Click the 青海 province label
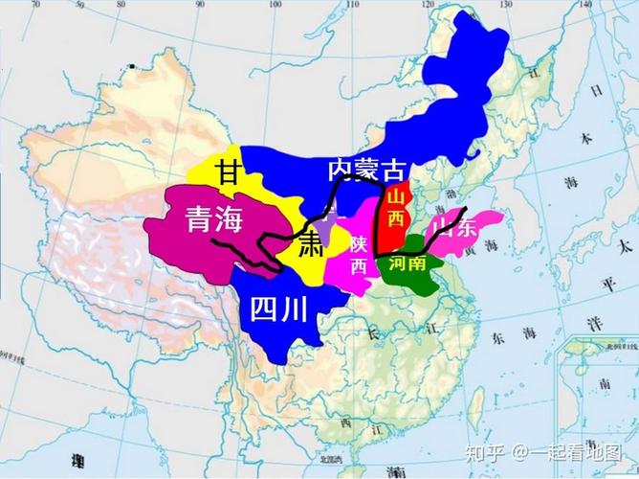pyautogui.click(x=214, y=221)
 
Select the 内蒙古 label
pyautogui.click(x=365, y=171)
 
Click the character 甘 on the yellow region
pyautogui.click(x=228, y=172)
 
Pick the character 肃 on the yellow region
pyautogui.click(x=309, y=242)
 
